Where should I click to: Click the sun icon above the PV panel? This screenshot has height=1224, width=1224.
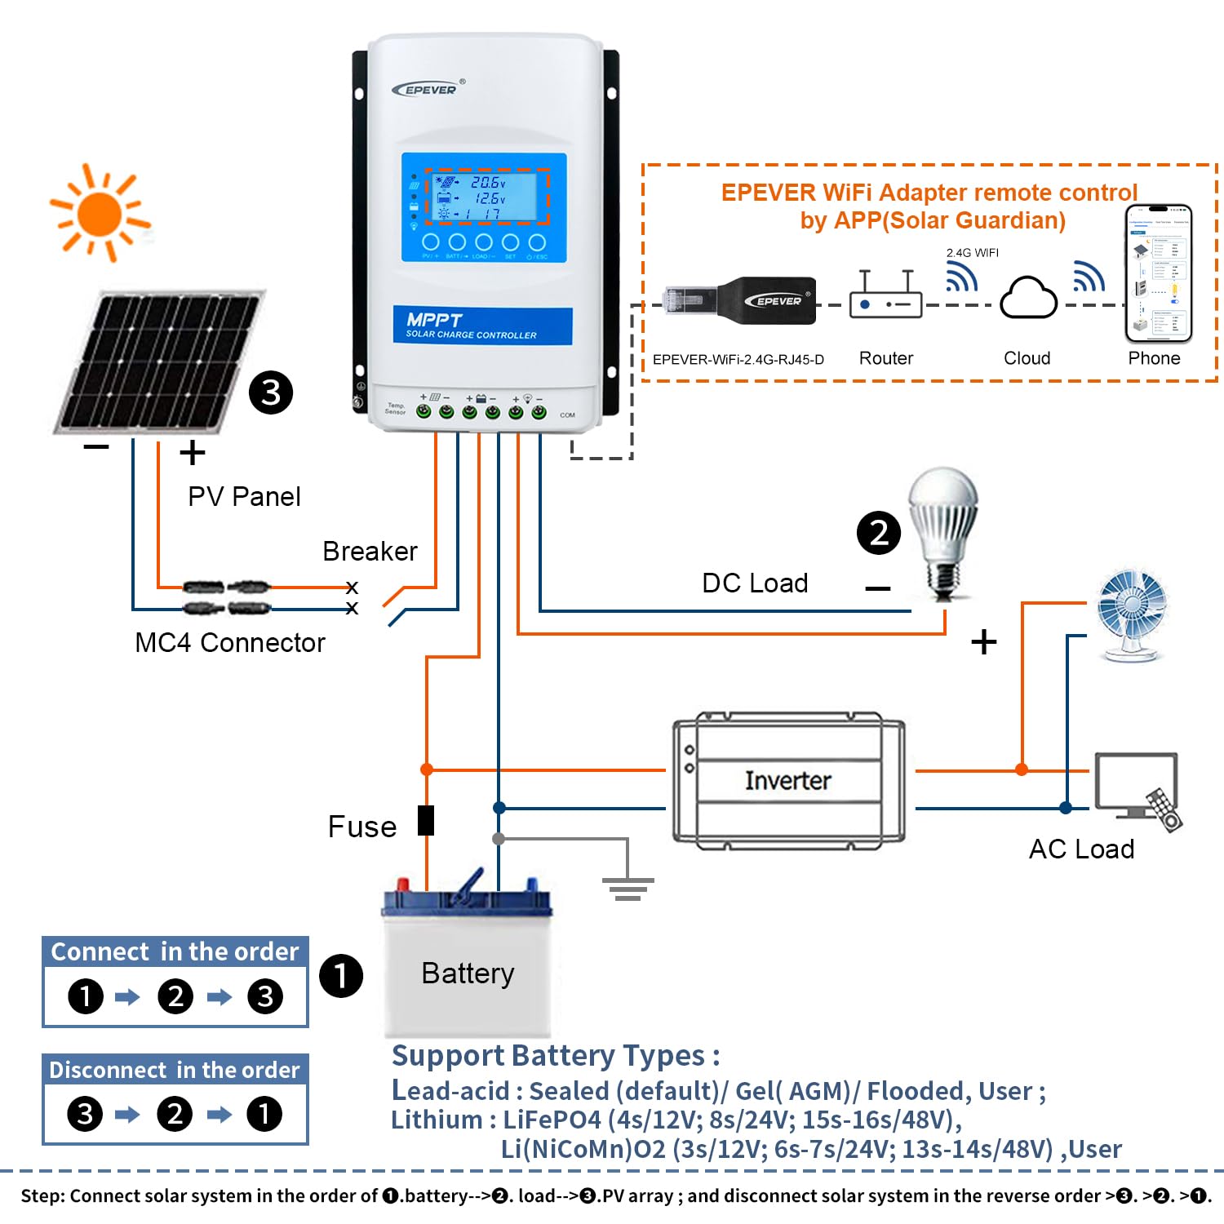click(100, 214)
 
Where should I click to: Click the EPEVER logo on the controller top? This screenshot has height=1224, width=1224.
click(428, 89)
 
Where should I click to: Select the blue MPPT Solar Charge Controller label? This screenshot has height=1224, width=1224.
click(482, 326)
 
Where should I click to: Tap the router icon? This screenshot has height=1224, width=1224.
click(885, 295)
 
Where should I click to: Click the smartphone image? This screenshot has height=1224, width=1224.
click(1158, 273)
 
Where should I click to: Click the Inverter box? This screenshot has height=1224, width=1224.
click(788, 781)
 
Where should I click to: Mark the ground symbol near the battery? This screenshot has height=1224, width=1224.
click(628, 888)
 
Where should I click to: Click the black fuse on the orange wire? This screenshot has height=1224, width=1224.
click(426, 820)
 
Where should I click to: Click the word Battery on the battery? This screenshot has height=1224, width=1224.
click(468, 973)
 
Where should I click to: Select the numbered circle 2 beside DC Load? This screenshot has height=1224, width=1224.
click(879, 533)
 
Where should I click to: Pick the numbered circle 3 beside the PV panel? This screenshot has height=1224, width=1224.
click(271, 392)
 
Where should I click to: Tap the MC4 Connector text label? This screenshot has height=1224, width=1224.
click(230, 643)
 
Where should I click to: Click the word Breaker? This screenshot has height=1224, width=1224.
click(370, 552)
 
